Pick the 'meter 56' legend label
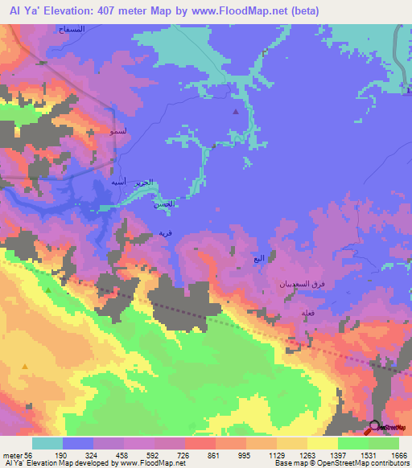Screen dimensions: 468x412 [x=18, y=455]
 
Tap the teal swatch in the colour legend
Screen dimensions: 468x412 [x=47, y=443]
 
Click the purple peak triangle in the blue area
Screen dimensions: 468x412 [x=235, y=112]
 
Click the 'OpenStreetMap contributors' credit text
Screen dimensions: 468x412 [x=361, y=464]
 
